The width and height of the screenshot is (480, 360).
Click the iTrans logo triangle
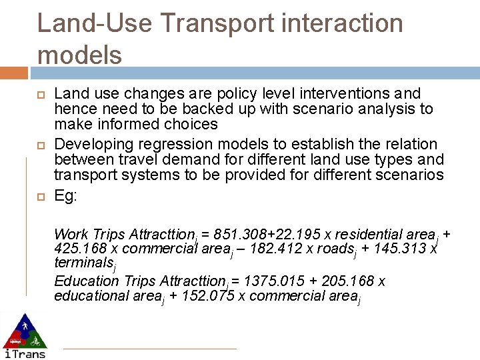coord(24,331)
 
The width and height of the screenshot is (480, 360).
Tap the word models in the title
coord(79,55)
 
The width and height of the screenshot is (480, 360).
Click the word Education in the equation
coord(83,281)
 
